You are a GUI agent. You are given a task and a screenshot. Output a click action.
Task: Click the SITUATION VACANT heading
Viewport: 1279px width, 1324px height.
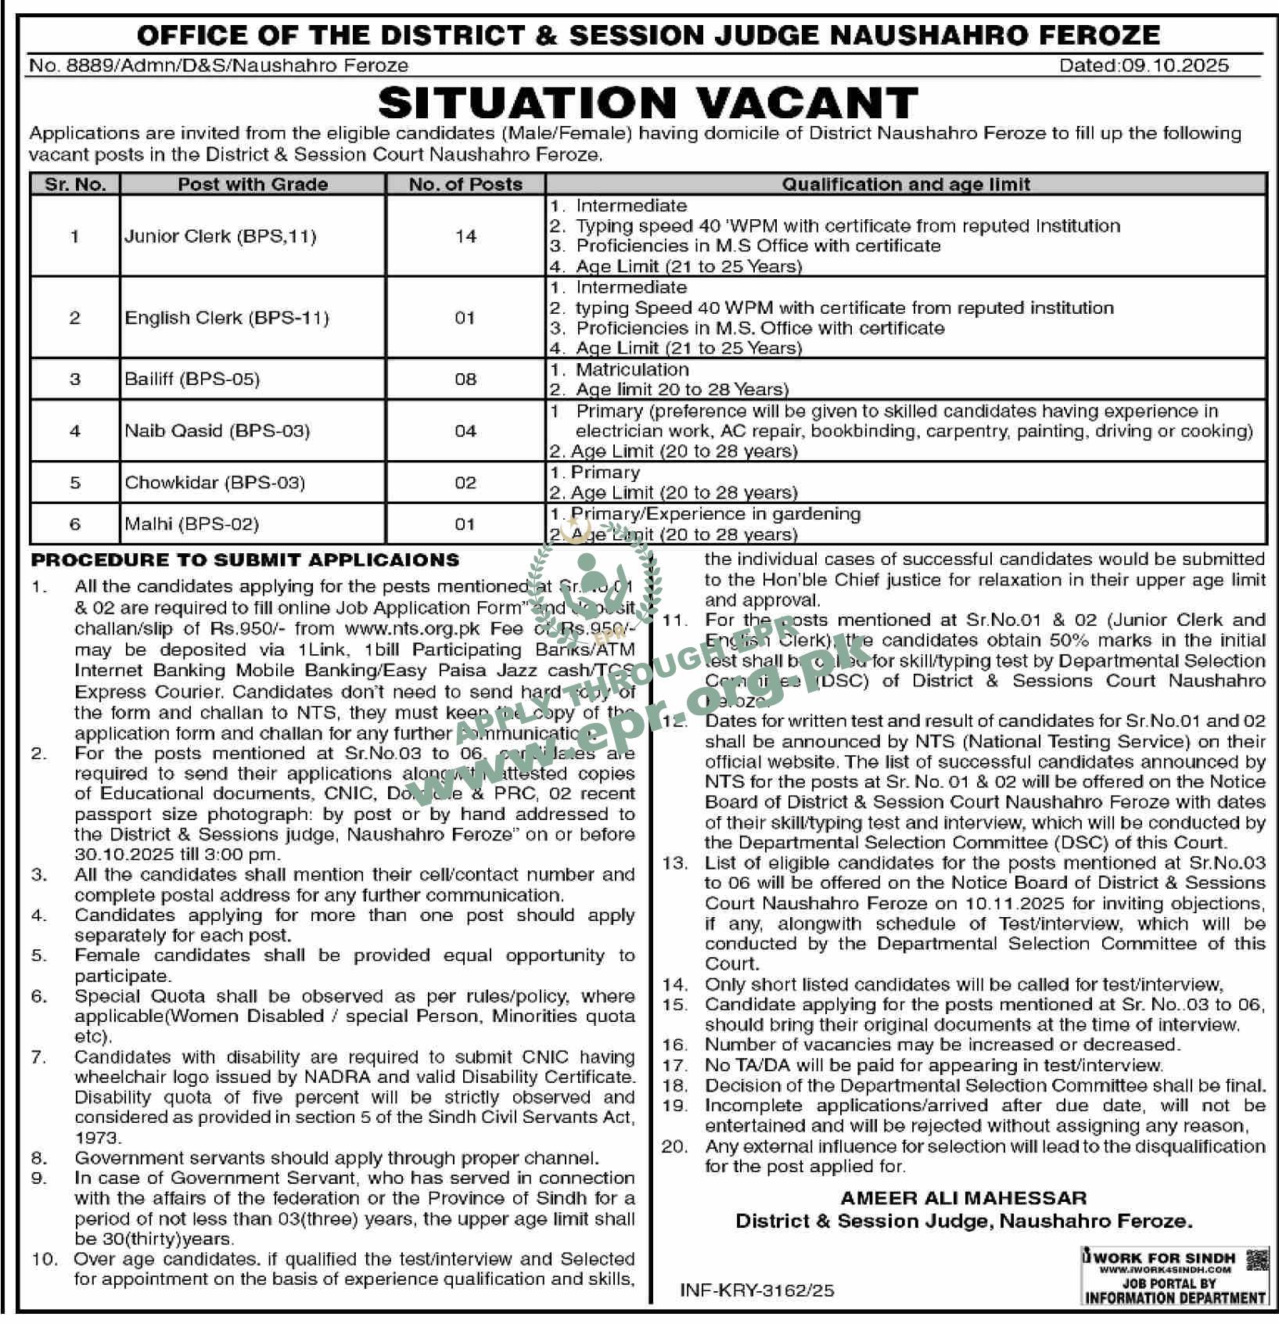coord(647,103)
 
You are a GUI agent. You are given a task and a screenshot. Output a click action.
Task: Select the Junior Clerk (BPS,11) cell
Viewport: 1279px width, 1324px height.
coord(220,236)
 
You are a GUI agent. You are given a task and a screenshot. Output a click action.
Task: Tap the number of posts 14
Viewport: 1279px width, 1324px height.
coord(465,236)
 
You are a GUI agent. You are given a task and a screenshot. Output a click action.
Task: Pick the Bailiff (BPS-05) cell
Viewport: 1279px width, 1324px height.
coord(192,380)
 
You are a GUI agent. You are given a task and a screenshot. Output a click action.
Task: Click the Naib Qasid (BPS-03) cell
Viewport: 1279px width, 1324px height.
coord(217,430)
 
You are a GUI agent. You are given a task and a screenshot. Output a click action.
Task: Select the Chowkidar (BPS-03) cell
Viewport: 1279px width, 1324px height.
coord(214,482)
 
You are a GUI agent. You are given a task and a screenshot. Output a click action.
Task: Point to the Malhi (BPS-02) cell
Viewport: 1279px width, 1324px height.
coord(191,523)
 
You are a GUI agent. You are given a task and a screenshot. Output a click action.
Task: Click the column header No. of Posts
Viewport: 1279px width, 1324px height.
coord(465,185)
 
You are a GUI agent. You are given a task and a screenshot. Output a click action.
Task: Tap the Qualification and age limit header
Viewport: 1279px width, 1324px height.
coord(906,185)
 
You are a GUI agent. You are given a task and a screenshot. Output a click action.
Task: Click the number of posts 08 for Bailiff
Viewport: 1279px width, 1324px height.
coord(465,380)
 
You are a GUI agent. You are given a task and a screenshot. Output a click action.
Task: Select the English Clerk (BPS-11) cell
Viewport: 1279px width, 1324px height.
coord(227,318)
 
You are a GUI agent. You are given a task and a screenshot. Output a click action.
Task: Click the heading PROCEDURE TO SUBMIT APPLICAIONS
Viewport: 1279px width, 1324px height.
coord(245,560)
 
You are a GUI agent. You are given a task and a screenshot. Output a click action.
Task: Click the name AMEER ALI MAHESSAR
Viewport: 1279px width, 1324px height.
coord(963,1198)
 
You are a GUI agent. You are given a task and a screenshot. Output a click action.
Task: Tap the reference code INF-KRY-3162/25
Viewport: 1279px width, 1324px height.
coord(757,1290)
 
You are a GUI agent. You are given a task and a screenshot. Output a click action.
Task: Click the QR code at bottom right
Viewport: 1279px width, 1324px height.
coord(1256,1260)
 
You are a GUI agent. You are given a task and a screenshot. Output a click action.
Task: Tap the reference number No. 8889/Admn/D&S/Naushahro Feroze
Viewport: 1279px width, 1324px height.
coord(219,66)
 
